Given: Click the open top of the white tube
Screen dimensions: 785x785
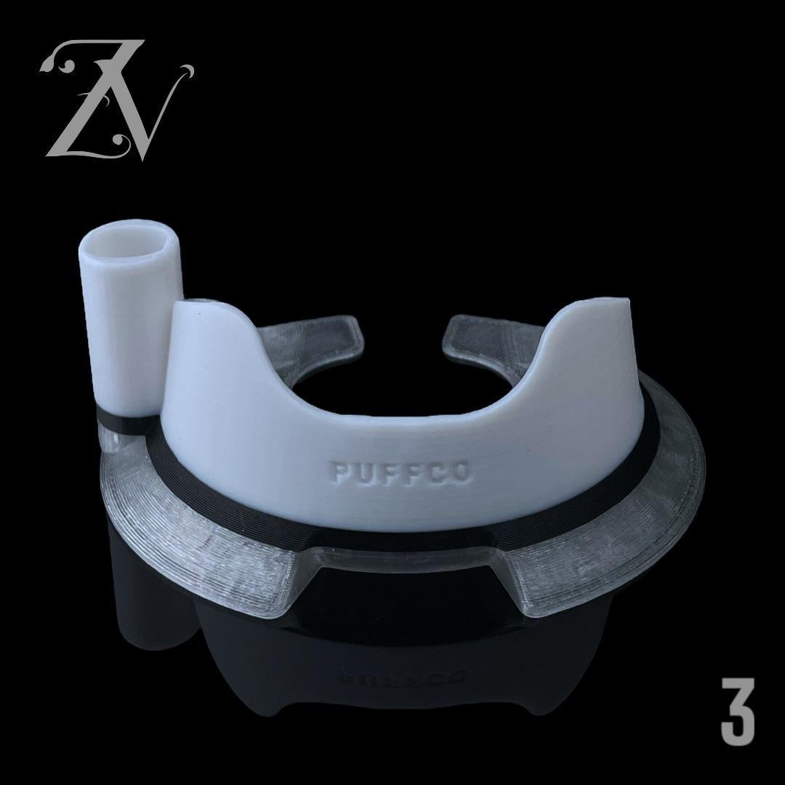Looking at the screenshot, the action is (129, 239).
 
